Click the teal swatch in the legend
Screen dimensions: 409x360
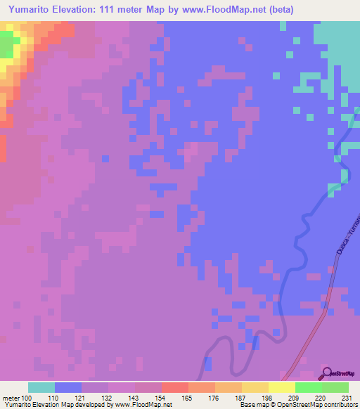pyautogui.click(x=41, y=387)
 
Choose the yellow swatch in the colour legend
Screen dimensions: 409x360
pyautogui.click(x=281, y=387)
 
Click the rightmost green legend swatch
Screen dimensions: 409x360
pyautogui.click(x=335, y=387)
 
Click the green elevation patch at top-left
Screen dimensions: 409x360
pyautogui.click(x=6, y=45)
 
